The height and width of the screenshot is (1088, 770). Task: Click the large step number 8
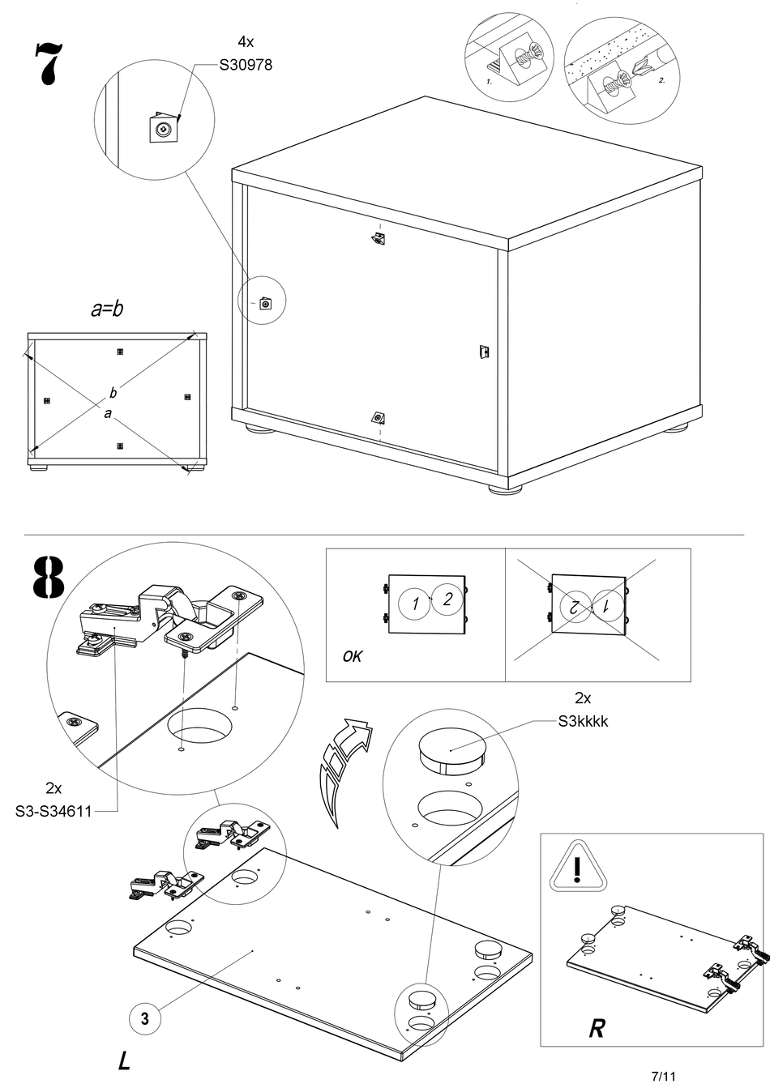pyautogui.click(x=49, y=578)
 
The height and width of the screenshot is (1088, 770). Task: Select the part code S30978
pyautogui.click(x=246, y=66)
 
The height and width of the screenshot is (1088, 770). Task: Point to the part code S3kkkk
pyautogui.click(x=583, y=720)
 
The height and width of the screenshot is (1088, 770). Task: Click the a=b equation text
pyautogui.click(x=106, y=309)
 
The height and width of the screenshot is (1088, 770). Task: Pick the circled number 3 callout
pyautogui.click(x=144, y=1018)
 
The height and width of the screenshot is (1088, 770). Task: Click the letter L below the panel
pyautogui.click(x=124, y=1060)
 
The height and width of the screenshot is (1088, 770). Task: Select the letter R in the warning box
pyautogui.click(x=597, y=1029)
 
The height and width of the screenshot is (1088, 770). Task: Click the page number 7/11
pyautogui.click(x=663, y=1076)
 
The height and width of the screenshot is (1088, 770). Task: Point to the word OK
pyautogui.click(x=353, y=655)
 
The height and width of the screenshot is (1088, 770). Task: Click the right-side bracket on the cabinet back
pyautogui.click(x=484, y=352)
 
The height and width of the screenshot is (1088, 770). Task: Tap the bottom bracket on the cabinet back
pyautogui.click(x=378, y=417)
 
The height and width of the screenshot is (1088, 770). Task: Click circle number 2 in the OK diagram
pyautogui.click(x=447, y=600)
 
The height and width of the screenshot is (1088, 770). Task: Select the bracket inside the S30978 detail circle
pyautogui.click(x=165, y=128)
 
